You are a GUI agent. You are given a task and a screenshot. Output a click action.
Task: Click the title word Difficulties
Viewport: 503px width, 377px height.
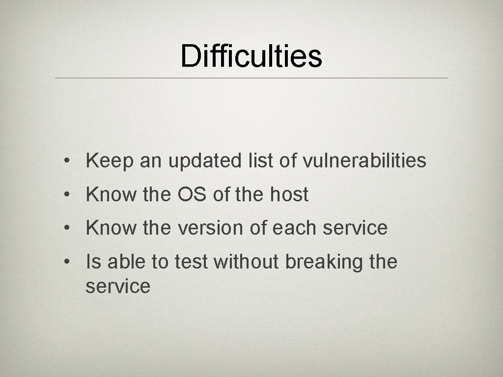click(x=251, y=55)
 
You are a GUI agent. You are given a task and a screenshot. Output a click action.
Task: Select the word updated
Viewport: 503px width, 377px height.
click(x=203, y=161)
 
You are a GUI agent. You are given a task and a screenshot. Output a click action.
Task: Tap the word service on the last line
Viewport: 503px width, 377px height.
click(x=118, y=286)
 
